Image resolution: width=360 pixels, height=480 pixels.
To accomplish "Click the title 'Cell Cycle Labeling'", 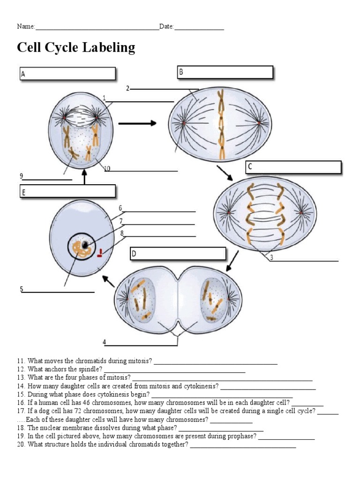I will click(76, 48).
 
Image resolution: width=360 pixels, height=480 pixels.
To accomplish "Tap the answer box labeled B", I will click(224, 72).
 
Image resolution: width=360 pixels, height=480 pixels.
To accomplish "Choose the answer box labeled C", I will click(293, 167).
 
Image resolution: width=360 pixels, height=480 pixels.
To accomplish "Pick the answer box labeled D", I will click(178, 254).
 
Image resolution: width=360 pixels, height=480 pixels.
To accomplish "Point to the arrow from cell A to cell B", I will click(137, 123).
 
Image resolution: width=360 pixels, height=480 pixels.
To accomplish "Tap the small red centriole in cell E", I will click(100, 254).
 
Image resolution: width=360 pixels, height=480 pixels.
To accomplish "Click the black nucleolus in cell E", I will click(84, 245).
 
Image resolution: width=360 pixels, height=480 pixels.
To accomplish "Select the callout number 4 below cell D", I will click(105, 343).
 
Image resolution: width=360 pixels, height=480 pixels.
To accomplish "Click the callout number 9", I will click(21, 176).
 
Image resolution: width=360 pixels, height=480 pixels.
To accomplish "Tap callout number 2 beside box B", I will click(127, 88).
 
